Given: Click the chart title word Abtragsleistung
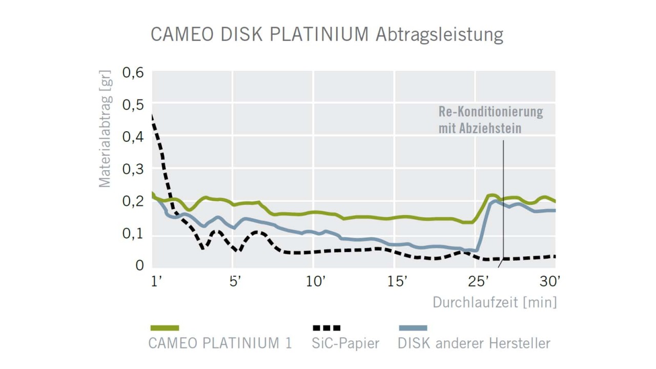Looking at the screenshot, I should coord(439,35).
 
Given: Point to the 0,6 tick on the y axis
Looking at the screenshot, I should coord(133,73).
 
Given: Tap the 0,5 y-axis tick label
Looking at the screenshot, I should coord(133,105).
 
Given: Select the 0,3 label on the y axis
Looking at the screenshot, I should coord(133,170).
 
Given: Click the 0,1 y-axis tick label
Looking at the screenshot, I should coord(133,234).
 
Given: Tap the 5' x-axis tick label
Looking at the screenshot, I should coord(235,281).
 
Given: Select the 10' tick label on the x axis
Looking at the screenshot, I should coord(315,281).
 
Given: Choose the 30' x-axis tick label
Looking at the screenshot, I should coord(550,281).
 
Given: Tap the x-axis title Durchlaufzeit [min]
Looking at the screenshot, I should coord(494,302).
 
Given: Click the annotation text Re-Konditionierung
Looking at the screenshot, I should coord(490,112).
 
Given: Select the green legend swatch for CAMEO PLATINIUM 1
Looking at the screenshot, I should coord(165,328).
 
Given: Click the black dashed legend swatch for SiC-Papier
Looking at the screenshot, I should coord(326,328).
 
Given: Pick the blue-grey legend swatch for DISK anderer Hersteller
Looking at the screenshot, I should coord(413,328).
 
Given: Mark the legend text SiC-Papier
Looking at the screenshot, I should coord(345,343).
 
